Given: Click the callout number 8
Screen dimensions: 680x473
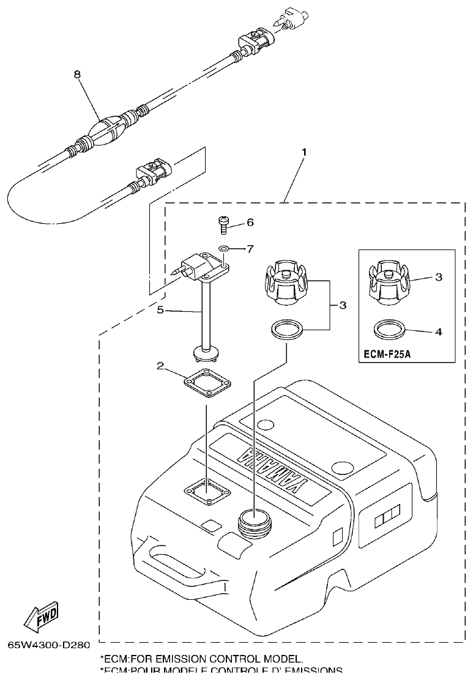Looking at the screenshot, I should [77, 74].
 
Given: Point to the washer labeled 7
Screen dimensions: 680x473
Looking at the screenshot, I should [224, 249].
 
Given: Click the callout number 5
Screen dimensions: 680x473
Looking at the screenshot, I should [160, 310].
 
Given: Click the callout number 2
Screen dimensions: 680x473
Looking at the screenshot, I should [160, 366].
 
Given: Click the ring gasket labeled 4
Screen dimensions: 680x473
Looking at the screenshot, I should [390, 331].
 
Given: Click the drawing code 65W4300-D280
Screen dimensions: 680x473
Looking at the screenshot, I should [49, 646].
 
